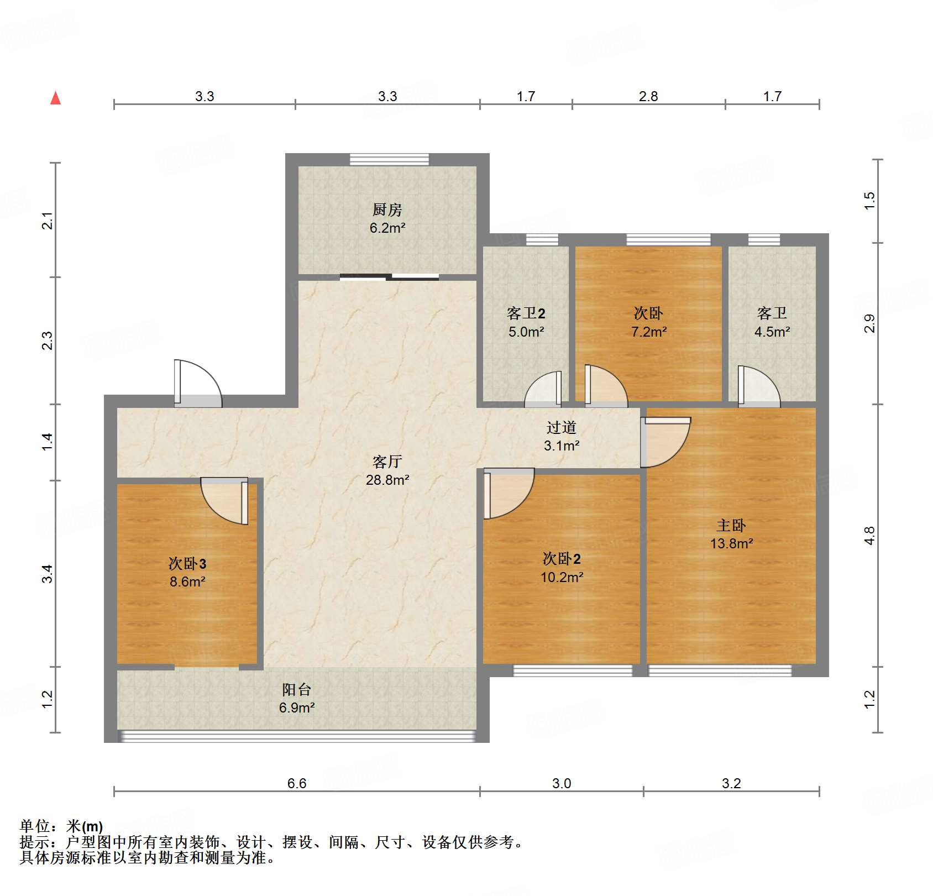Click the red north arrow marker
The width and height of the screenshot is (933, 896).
55,98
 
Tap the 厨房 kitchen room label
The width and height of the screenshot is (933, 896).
387,209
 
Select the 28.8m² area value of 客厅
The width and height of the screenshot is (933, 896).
387,480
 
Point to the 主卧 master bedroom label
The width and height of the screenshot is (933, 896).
731,525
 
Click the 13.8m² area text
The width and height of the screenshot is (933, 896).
731,543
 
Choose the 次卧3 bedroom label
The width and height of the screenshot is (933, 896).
187,563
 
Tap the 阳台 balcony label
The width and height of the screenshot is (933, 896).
297,689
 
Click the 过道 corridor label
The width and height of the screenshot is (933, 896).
561,427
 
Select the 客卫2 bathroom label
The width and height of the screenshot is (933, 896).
526,313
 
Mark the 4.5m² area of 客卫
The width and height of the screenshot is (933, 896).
772,332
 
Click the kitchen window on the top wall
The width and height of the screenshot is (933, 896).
389,159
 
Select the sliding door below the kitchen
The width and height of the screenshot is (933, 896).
389,277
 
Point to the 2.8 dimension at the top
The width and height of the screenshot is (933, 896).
648,97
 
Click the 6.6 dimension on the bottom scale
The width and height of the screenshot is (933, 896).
296,783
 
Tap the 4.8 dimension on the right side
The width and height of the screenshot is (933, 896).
869,535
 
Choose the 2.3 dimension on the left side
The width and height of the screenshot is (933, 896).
48,340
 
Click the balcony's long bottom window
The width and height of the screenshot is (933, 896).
297,736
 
